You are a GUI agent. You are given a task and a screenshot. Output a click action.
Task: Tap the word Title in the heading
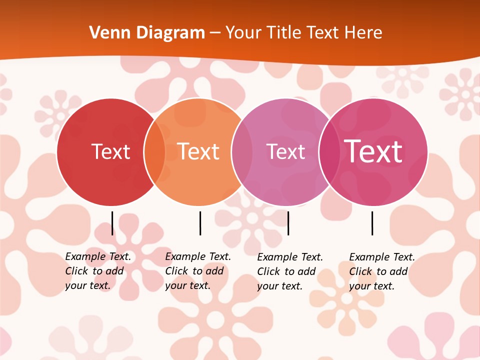click(x=283, y=33)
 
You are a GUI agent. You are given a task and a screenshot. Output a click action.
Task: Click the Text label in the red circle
click(x=110, y=151)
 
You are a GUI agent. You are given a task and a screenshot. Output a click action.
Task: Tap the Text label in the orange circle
click(x=198, y=151)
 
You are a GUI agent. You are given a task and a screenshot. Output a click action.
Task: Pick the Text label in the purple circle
click(x=285, y=151)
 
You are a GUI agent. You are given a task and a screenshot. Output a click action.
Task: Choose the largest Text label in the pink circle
click(x=373, y=151)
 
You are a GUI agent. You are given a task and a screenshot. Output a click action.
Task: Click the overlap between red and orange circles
click(x=154, y=152)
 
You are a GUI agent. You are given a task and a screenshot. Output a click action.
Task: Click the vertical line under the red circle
click(x=112, y=223)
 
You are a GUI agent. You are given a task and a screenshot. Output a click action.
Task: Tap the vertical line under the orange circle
click(x=200, y=223)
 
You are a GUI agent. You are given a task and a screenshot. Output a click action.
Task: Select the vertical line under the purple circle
click(x=288, y=223)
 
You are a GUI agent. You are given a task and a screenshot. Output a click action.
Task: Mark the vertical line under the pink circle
click(x=372, y=223)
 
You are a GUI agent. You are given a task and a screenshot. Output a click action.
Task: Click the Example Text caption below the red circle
click(x=98, y=271)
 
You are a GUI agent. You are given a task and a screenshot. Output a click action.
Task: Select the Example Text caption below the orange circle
click(x=198, y=271)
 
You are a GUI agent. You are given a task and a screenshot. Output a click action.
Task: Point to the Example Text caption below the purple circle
click(x=290, y=271)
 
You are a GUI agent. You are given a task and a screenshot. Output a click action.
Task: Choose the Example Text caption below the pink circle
click(x=382, y=271)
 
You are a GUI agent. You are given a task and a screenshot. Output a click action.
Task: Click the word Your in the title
click(x=243, y=33)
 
